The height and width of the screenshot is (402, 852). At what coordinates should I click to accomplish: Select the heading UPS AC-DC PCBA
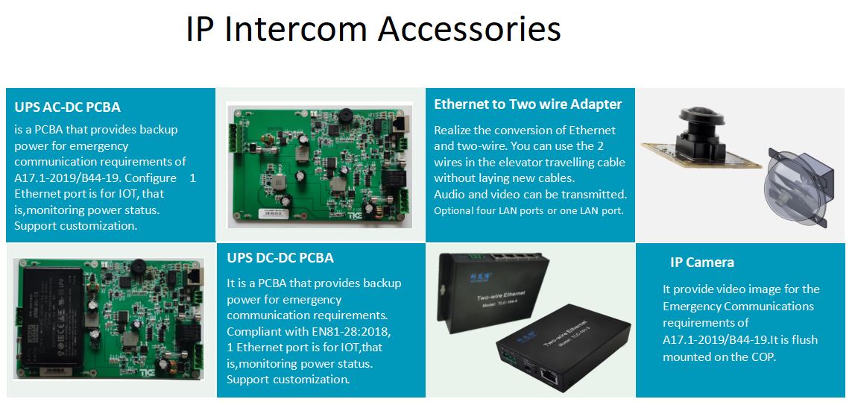(x=67, y=107)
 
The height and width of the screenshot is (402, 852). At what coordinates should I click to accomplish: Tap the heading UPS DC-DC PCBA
(x=280, y=258)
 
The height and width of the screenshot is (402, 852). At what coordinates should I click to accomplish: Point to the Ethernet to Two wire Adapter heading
(x=528, y=104)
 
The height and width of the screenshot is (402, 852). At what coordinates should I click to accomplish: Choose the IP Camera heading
(x=701, y=262)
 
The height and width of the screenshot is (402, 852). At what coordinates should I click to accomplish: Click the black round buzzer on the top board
(x=346, y=117)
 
